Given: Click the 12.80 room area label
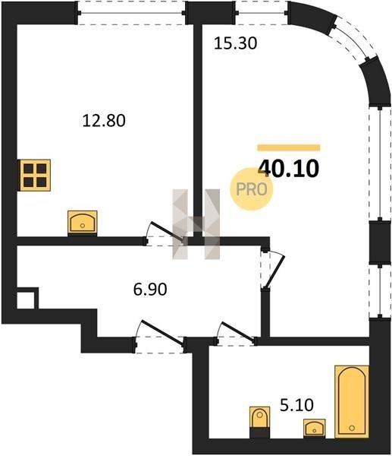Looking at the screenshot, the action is pos(104,120).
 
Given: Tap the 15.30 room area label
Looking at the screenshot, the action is pos(235,43).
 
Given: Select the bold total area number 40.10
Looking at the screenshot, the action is pos(288,169).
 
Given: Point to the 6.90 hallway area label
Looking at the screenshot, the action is pos(150,290).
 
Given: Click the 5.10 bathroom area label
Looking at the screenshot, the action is pos(296,405).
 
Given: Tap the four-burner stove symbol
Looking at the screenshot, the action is pos(35,176).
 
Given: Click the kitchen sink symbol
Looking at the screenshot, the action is pos(83,223).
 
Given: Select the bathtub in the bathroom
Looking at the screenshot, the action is pos(352,401).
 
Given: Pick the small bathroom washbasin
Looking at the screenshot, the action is pos(314,428).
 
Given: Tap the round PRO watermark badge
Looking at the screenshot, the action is pos(252,189).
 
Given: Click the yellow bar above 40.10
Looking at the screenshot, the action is pos(289,147).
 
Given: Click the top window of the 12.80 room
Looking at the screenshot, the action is pos(131,13).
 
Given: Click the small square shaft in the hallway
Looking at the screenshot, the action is pos(26,299).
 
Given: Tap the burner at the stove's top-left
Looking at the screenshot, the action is pos(28,169).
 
